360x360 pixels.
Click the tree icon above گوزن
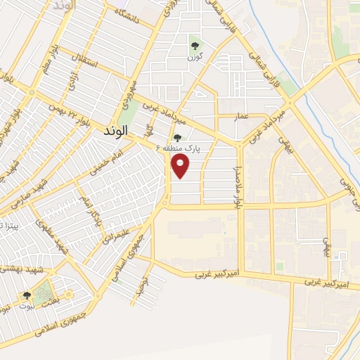(194, 46)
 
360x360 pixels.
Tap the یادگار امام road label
(89, 207)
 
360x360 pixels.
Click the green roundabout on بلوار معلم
(30, 92)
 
